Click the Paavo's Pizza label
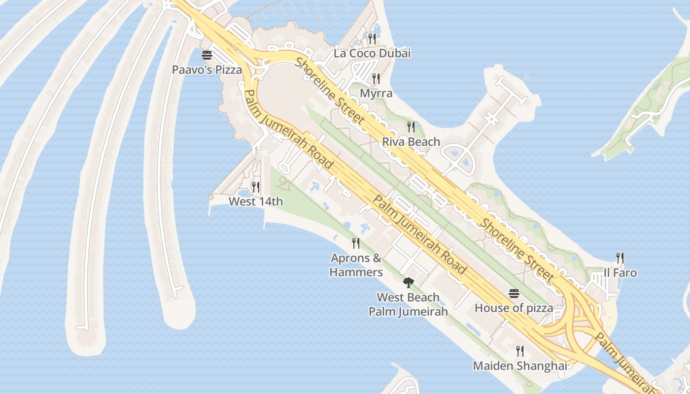(207, 69)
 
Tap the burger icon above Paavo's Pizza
(207, 55)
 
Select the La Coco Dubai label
(372, 53)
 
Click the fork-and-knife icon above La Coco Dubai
(372, 38)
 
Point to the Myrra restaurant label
(376, 93)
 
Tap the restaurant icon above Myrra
(376, 78)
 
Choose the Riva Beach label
(411, 142)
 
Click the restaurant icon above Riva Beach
(411, 127)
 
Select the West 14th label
(256, 201)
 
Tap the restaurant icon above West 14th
(256, 187)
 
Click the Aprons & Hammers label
(356, 265)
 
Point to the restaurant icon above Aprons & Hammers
(356, 243)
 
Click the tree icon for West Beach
(408, 282)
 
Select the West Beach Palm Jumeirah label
(408, 304)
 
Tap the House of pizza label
(514, 308)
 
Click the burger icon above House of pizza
(514, 294)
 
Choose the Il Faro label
(620, 273)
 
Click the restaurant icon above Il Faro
(620, 258)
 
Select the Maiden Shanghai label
(520, 366)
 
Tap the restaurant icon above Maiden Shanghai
(520, 351)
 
